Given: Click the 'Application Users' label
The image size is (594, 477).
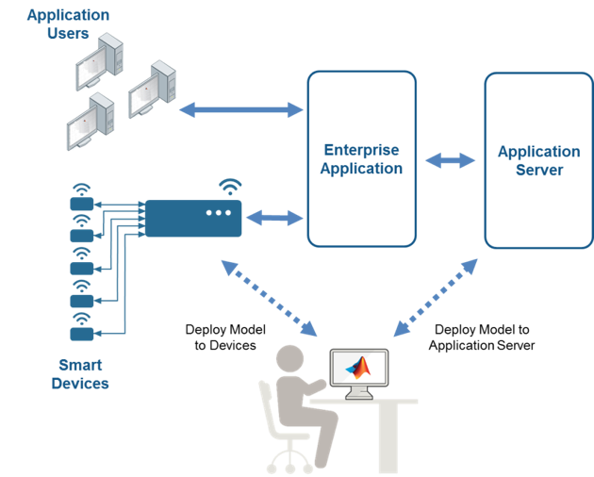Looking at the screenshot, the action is point(68,24).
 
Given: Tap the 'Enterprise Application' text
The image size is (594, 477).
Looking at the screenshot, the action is point(361,159).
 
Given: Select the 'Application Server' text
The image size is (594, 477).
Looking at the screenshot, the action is point(539,160).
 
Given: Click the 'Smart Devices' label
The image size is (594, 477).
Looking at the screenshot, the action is point(80,374).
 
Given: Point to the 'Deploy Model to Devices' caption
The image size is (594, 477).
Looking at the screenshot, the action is point(225,337).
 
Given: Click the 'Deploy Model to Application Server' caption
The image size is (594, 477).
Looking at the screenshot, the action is point(482,337).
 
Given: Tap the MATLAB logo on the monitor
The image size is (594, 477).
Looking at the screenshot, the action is point(358,368).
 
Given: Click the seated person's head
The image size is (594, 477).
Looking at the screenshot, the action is point(289,358).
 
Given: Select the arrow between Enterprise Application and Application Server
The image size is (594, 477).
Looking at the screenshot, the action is point(450,160).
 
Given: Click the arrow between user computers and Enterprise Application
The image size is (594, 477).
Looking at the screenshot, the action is point(241,110).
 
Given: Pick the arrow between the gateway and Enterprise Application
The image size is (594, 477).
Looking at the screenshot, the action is point(274,218).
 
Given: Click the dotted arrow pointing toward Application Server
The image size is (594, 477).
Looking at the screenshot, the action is point(436,298).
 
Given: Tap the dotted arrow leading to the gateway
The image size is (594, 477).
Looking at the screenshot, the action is point(269,298).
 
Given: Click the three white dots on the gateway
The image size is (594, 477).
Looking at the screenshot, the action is point(219,213).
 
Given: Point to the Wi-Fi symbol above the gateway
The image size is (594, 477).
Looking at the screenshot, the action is point(230,187).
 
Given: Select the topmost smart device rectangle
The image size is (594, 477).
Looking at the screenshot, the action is point(82,204).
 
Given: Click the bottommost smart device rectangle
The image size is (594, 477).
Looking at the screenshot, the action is point(82,334).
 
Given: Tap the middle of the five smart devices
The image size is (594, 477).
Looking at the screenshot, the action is point(82,269).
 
